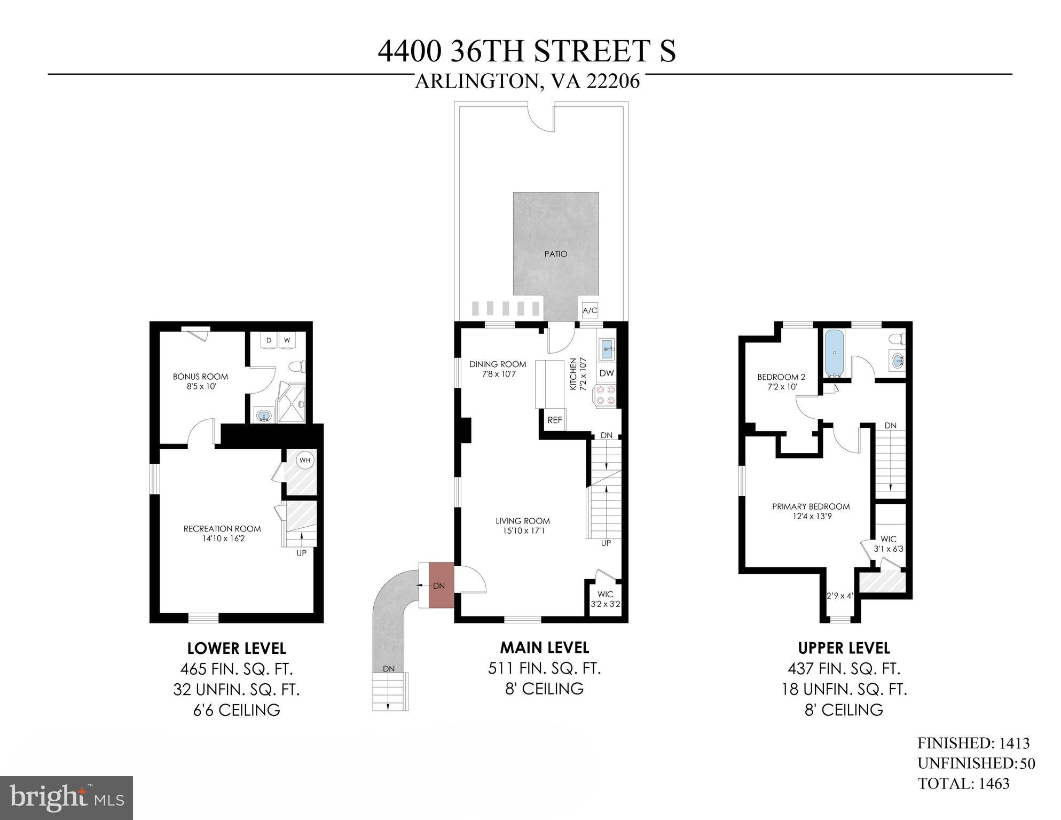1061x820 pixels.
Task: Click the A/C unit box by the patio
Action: tap(590, 310)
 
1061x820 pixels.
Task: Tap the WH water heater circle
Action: tap(304, 460)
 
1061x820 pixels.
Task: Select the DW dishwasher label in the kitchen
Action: tap(606, 373)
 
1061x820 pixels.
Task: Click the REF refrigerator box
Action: tap(555, 420)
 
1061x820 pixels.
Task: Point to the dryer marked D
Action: tap(269, 340)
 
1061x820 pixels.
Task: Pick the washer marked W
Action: tap(287, 340)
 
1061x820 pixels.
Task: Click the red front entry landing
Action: tap(441, 585)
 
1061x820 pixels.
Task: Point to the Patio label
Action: tap(555, 254)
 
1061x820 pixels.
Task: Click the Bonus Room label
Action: tap(200, 377)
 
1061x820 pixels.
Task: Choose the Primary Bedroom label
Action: tap(811, 506)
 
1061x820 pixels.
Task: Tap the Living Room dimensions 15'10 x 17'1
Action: tap(522, 531)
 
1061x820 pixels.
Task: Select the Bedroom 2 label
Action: tap(781, 377)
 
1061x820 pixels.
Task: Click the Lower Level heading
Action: tap(237, 648)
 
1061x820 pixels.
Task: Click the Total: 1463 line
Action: tap(963, 784)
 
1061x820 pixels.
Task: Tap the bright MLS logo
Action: tap(66, 798)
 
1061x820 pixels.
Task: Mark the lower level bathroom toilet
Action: tap(296, 366)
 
